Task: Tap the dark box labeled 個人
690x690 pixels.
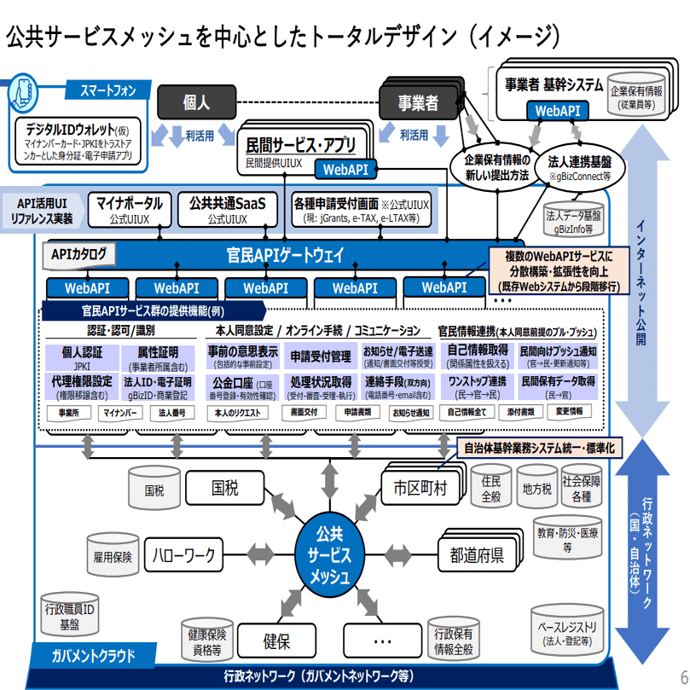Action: (x=195, y=102)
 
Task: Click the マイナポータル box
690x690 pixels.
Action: (x=129, y=210)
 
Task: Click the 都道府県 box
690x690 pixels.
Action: (x=477, y=555)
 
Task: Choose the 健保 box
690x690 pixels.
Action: (x=276, y=641)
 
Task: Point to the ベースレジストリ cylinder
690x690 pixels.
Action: (x=568, y=633)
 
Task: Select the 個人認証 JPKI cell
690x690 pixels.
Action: (x=82, y=357)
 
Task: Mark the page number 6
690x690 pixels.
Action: (x=683, y=670)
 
